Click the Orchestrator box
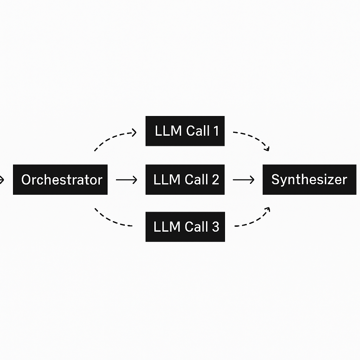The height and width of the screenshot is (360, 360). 60,180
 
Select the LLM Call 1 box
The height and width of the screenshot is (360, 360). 185,131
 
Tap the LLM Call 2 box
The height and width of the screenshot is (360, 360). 185,180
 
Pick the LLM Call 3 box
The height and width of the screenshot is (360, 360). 185,227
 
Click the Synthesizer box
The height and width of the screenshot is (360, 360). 309,180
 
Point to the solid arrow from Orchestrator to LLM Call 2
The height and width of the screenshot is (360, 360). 126,180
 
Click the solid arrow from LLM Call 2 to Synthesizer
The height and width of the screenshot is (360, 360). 243,180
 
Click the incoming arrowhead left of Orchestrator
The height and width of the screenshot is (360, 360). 2,180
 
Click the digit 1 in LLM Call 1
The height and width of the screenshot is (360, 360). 215,131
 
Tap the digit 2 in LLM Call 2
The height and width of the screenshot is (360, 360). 215,180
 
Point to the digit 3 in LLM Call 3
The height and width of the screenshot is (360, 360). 215,227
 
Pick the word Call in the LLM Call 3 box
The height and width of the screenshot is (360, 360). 197,227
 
